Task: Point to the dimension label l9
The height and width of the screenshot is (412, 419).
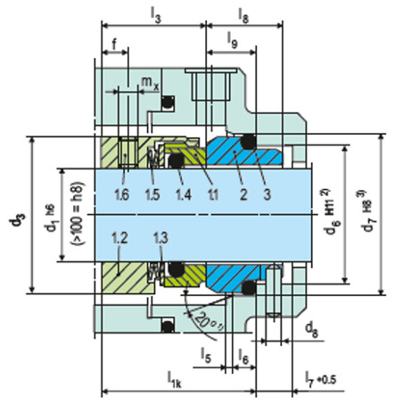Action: (x=233, y=40)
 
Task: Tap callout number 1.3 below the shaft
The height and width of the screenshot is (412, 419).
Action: (x=161, y=238)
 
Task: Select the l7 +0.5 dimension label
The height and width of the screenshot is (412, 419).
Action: (x=320, y=379)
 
